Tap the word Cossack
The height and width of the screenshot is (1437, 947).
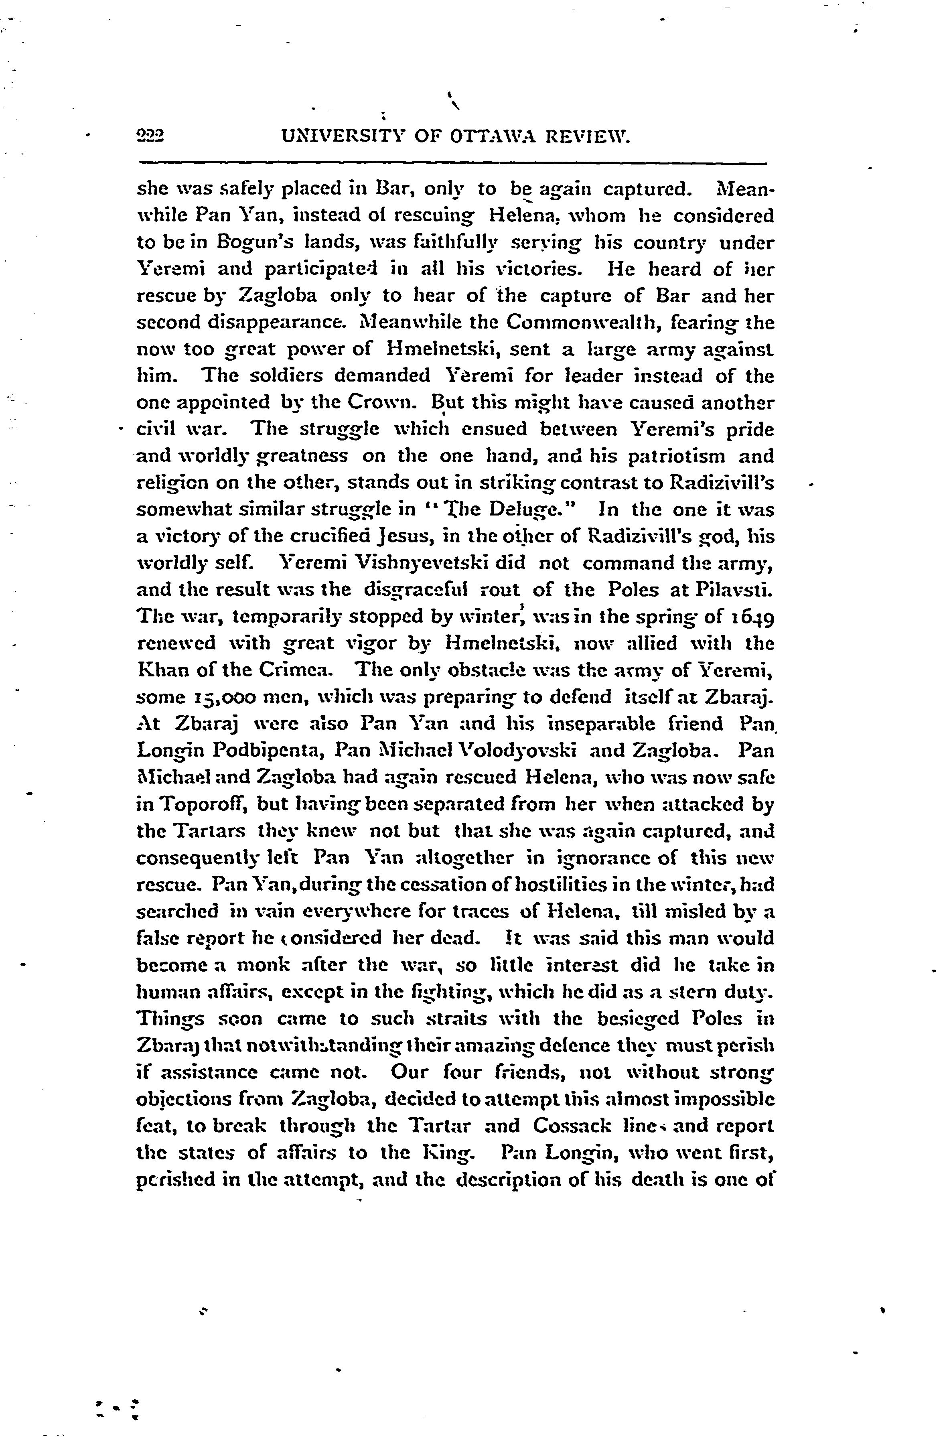[572, 1126]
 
